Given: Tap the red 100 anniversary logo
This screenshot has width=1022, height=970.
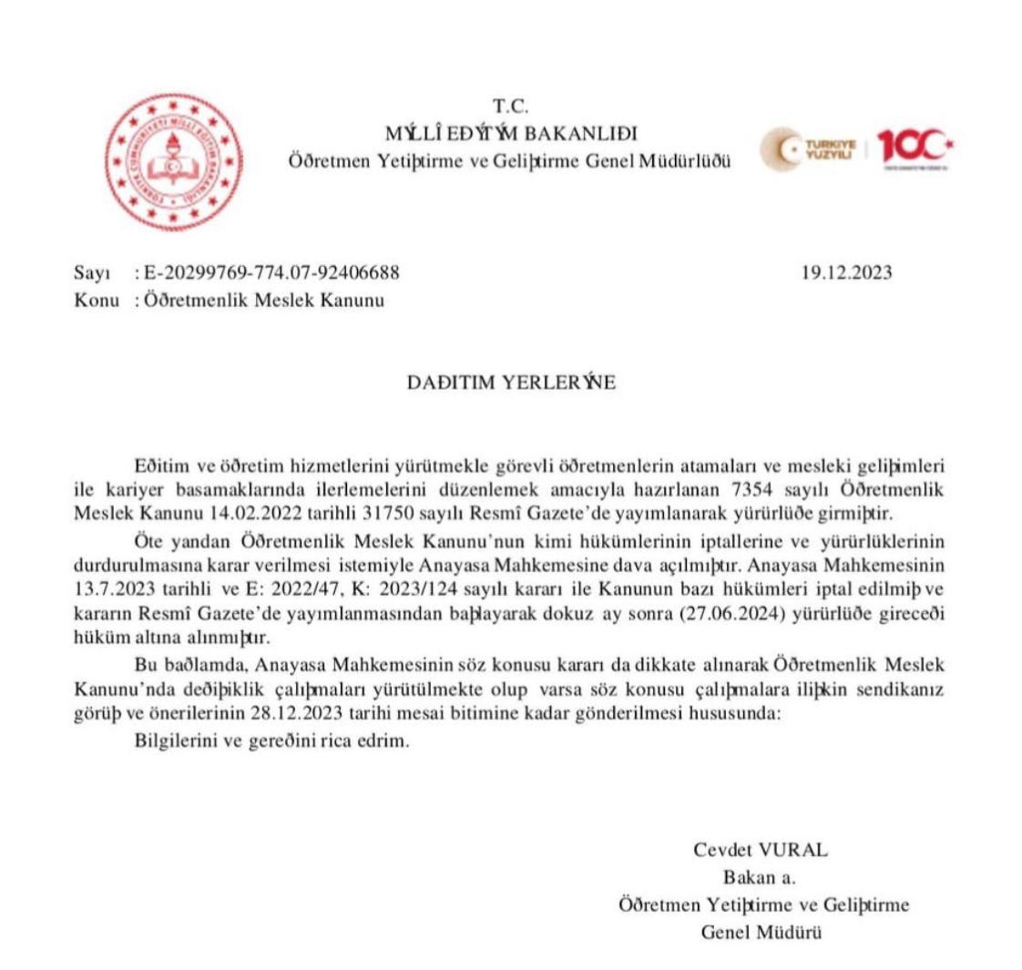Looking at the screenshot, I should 915,148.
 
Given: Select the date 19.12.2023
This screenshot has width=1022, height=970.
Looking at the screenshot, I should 846,273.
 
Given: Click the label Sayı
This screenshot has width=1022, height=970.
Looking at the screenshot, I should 91,273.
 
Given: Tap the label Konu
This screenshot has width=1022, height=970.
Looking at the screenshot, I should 96,301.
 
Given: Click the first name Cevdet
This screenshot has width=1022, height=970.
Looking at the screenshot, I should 723,851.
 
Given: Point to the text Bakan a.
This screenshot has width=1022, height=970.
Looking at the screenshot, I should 760,878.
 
